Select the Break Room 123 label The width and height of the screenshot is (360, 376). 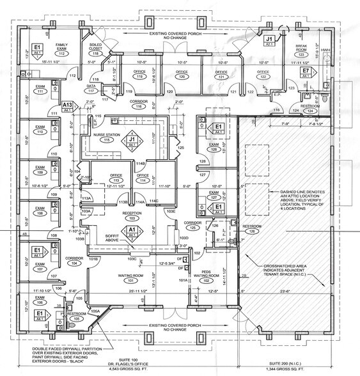pos(302,51)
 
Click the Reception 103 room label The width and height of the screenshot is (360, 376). pos(132,216)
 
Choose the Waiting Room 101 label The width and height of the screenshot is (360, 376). pos(130,278)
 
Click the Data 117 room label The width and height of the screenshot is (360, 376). pos(91,88)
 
